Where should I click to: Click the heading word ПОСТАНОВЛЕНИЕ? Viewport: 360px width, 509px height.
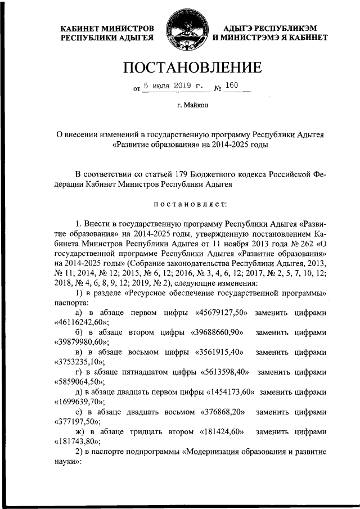(193, 67)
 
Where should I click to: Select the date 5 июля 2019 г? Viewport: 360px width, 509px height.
(172, 86)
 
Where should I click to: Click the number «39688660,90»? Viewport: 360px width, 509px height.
(217, 332)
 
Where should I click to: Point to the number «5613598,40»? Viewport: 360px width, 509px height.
(226, 372)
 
